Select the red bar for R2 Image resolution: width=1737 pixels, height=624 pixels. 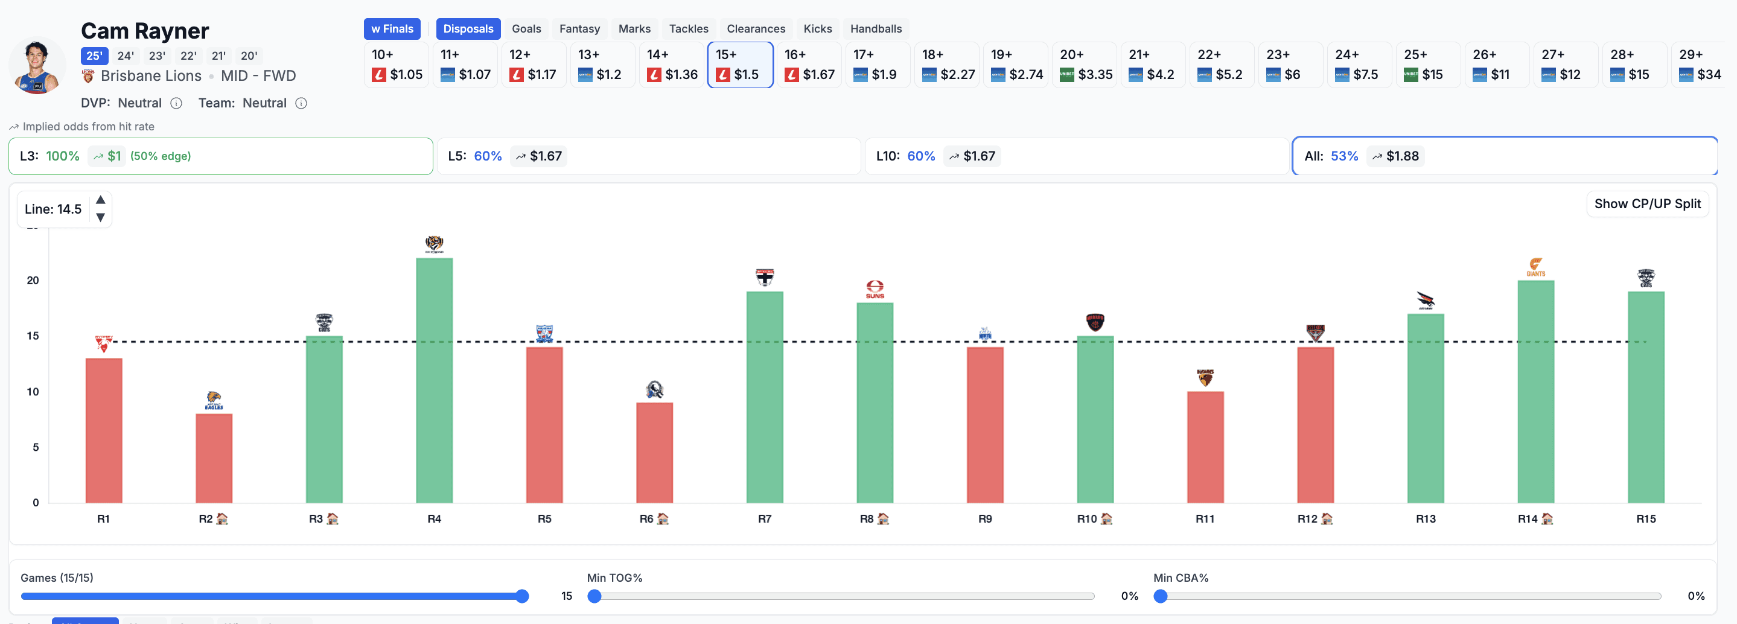coord(214,458)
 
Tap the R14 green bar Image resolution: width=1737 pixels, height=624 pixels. coord(1535,391)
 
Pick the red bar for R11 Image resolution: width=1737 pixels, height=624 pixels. coord(1205,447)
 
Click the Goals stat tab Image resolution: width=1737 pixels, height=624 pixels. coord(526,29)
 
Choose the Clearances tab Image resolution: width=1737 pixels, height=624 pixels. coord(755,29)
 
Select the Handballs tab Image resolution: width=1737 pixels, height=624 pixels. coord(875,29)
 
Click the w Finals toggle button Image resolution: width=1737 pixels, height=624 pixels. coord(392,29)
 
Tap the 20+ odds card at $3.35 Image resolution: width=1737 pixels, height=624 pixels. coord(1086,65)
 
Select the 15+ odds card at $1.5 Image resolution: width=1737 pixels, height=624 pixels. coord(740,65)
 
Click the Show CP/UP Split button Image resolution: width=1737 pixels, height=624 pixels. coord(1646,204)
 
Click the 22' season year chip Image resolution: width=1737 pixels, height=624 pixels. coord(188,56)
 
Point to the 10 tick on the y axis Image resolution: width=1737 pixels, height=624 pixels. coord(33,392)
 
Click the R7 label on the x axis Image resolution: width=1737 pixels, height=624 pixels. coord(764,519)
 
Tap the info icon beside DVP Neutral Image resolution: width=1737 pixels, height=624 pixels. coord(176,103)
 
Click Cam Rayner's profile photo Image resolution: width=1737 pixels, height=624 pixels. coord(37,66)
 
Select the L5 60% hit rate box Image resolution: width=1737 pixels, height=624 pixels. coord(649,156)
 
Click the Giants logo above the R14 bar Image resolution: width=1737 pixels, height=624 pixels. coord(1535,267)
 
